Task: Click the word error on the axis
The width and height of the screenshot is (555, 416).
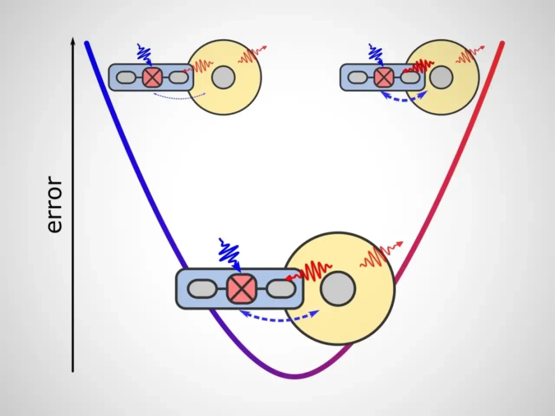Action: pos(55,204)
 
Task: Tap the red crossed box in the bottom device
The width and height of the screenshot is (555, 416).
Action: pos(241,288)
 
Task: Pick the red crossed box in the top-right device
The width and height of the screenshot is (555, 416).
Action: pos(382,77)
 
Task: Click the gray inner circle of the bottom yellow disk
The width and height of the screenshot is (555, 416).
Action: pos(338,289)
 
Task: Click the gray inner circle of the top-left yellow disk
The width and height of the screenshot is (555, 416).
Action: pos(223,77)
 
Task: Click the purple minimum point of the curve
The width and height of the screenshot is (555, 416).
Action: pos(295,376)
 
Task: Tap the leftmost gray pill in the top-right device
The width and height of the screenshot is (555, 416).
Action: pos(356,77)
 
